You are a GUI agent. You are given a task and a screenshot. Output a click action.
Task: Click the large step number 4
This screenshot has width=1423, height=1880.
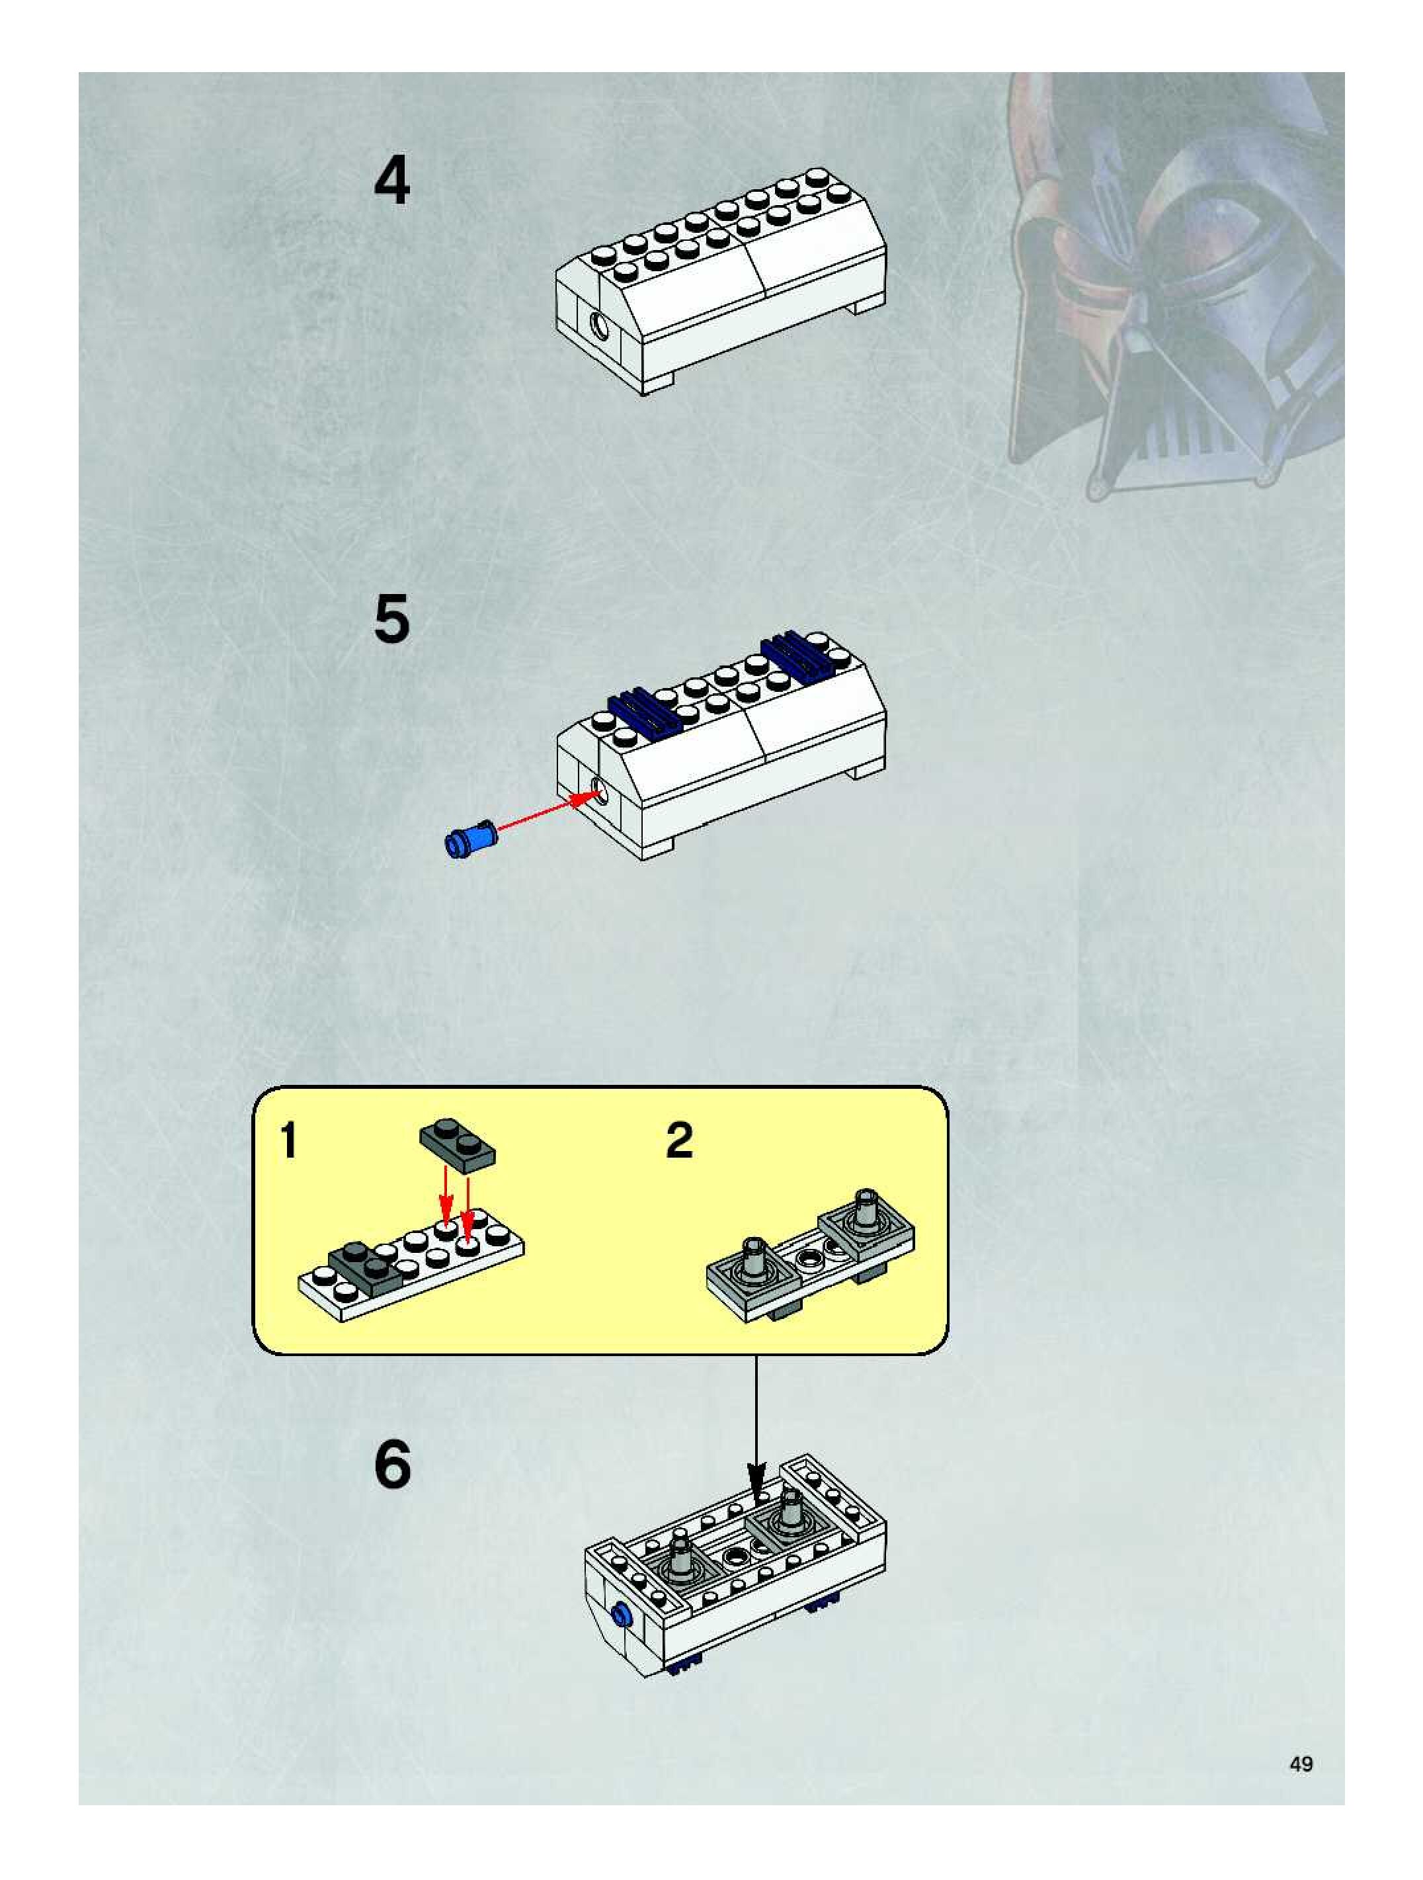click(391, 180)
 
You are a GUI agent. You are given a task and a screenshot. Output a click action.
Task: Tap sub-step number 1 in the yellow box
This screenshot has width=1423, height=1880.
click(289, 1140)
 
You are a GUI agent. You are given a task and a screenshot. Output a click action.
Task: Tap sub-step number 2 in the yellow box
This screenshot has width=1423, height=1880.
click(679, 1140)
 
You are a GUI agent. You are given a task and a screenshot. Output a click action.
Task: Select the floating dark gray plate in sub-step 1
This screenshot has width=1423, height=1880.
click(458, 1145)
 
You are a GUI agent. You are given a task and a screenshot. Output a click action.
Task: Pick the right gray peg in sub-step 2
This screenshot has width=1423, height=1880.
click(866, 1209)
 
